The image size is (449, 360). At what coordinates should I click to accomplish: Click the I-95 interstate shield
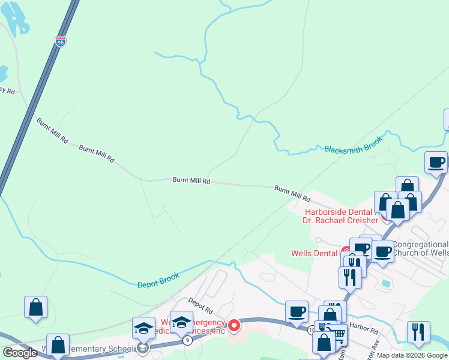coord(61,41)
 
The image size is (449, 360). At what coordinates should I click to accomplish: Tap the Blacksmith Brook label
coord(353,149)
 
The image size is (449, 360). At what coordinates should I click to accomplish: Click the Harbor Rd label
coord(365,331)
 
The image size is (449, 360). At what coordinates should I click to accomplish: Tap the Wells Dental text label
coord(314,253)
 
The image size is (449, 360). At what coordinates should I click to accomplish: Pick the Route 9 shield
coord(188,340)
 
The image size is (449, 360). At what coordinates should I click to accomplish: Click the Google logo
coord(20,352)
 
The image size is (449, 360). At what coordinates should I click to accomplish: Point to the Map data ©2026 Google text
coord(412,355)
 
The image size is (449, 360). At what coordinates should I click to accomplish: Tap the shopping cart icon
coord(339,334)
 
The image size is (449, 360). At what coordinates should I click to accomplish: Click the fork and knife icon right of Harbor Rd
coord(418,332)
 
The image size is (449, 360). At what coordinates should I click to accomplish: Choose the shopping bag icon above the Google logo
coord(35,307)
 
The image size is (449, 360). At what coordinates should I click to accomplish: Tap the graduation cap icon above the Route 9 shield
coord(181,322)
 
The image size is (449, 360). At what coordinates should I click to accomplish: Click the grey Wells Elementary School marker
coord(143,348)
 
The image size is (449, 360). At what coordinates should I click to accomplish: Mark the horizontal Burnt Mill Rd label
coord(191,180)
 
